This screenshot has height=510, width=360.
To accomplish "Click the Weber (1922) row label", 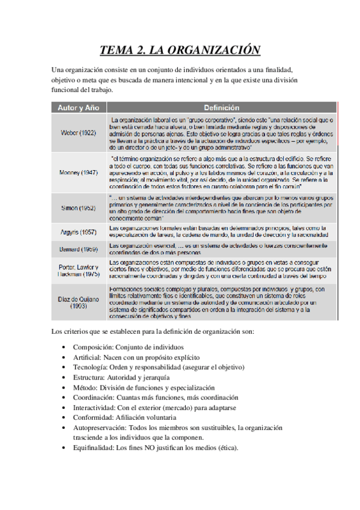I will [x=78, y=134].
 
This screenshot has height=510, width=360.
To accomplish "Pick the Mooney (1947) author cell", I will [x=78, y=172].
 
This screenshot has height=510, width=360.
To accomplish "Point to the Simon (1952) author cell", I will [x=78, y=207].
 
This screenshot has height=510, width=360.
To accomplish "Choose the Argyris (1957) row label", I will [x=78, y=232].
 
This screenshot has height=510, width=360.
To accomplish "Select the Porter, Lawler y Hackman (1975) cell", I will [x=78, y=269].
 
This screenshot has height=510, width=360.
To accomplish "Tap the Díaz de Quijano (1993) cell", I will [x=78, y=301].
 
